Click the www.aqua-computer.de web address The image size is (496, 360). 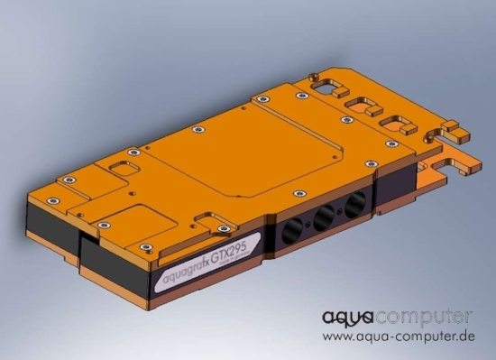398,337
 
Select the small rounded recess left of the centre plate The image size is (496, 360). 115,169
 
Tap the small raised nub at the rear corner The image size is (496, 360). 311,78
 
